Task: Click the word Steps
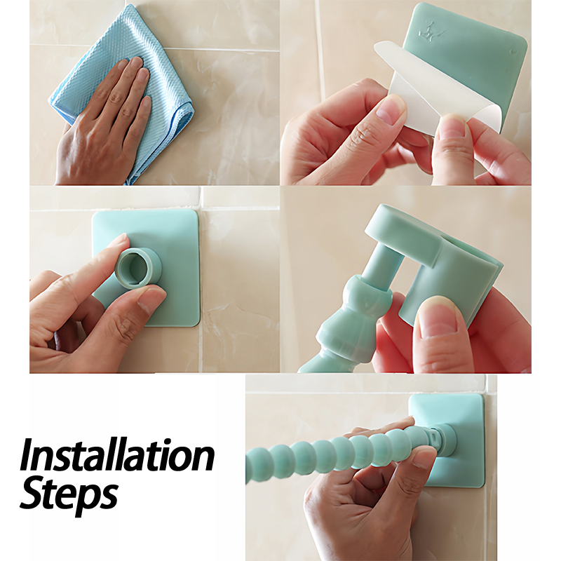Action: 69,493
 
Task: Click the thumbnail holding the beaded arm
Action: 424,459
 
